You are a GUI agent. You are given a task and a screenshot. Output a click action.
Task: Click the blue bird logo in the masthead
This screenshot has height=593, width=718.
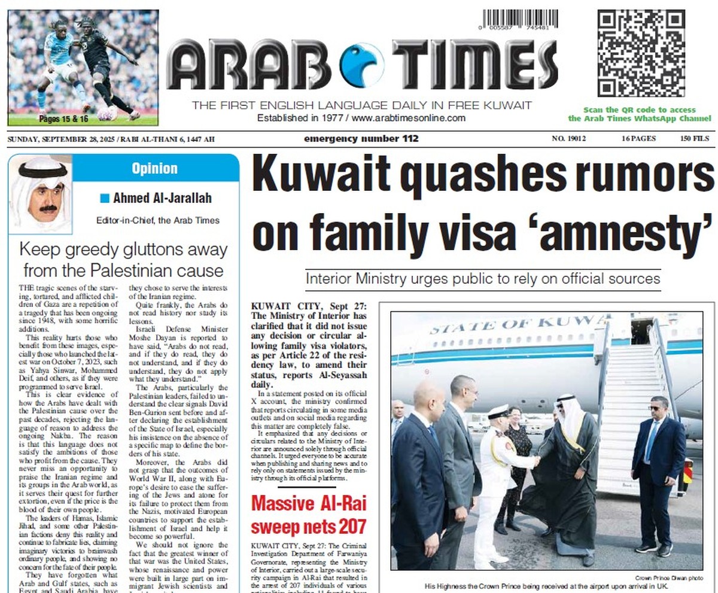(361, 65)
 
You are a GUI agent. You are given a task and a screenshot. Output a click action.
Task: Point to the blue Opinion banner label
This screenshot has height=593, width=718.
(154, 168)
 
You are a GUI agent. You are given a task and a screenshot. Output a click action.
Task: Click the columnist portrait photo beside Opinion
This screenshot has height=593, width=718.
(41, 193)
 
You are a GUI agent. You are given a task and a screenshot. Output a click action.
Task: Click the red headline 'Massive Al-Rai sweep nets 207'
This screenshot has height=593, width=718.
(308, 514)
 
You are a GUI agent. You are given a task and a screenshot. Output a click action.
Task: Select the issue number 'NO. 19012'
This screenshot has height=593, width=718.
(568, 139)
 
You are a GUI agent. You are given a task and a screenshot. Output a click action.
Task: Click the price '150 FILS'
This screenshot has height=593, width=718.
(694, 139)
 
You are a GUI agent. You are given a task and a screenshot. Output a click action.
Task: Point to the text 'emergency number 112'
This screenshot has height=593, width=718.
(361, 139)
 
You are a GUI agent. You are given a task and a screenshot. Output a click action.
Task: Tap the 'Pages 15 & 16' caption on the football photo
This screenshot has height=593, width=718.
(63, 119)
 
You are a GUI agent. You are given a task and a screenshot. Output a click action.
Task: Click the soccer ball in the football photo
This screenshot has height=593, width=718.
(108, 112)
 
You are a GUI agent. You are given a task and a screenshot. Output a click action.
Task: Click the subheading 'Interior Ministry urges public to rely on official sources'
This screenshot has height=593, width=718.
(483, 279)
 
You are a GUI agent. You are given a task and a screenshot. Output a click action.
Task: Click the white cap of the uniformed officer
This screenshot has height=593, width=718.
(498, 410)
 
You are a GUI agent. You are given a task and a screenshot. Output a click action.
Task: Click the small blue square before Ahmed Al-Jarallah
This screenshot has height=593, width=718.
(105, 198)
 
